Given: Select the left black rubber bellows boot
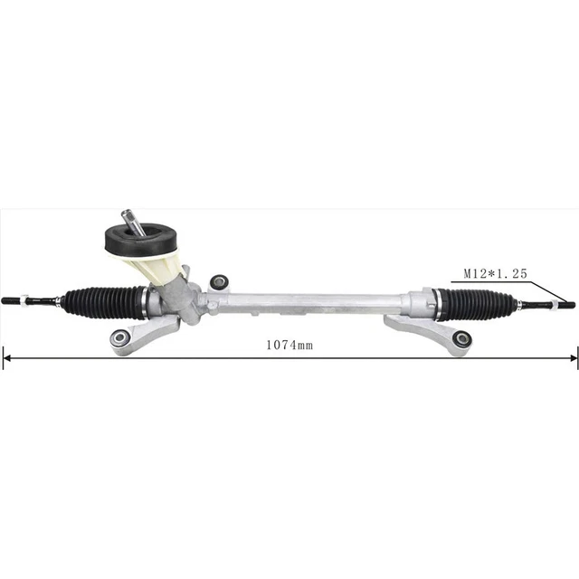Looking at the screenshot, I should [x=101, y=301].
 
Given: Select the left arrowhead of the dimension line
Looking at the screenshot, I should [x=6, y=358].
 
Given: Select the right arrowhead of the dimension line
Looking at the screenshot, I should [x=573, y=358].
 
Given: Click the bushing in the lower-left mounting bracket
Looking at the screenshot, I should [x=119, y=338].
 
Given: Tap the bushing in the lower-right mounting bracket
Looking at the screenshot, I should [x=461, y=339].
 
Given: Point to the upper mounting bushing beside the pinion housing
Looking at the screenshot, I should [x=218, y=281].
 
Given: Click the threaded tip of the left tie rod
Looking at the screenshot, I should [x=11, y=301].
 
